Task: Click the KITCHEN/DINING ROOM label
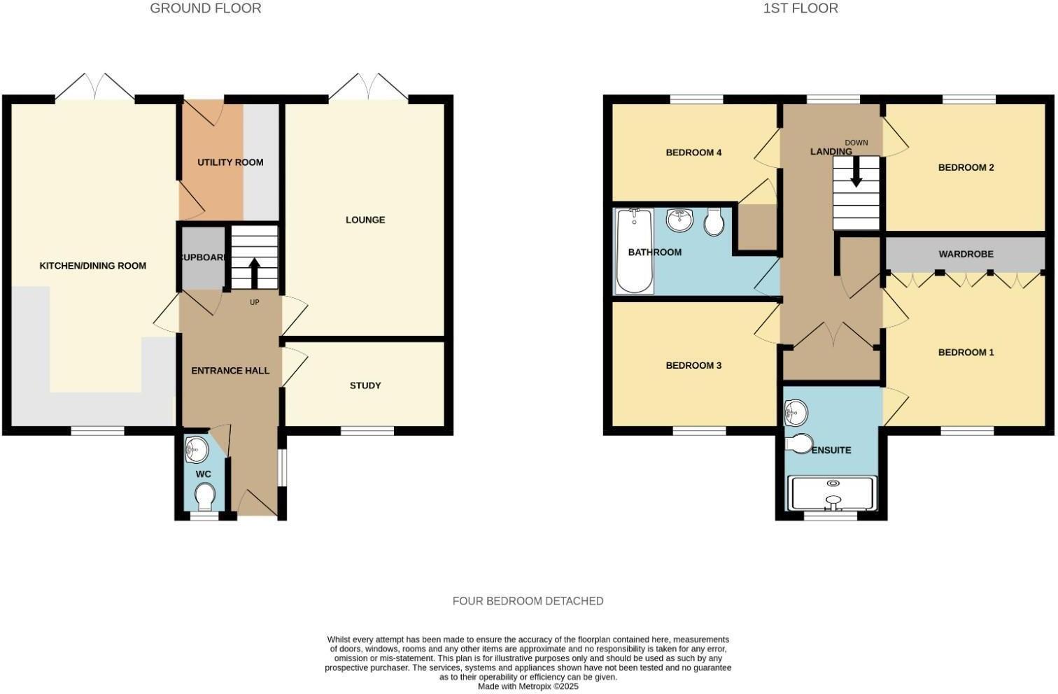click(92, 266)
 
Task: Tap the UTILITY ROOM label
click(230, 162)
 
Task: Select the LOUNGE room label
click(365, 220)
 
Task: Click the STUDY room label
click(365, 385)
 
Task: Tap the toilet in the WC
click(205, 497)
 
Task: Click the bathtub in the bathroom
click(635, 252)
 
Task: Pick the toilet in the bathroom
click(714, 222)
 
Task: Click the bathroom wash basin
click(679, 220)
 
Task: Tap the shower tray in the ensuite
click(832, 494)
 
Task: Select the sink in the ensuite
click(796, 413)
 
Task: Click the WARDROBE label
click(966, 254)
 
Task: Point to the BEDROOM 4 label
click(693, 153)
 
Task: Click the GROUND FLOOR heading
click(205, 8)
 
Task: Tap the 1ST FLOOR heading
click(800, 8)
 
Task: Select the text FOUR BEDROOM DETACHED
click(528, 601)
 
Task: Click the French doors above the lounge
click(368, 87)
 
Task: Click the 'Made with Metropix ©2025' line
click(528, 686)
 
